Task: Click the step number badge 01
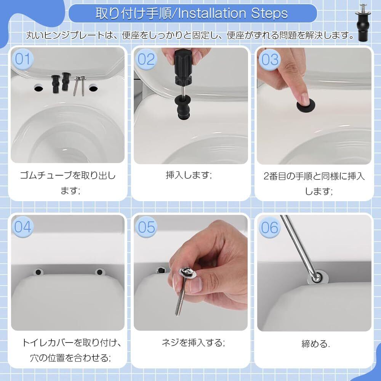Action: pos(22,59)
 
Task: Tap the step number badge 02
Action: pos(146,59)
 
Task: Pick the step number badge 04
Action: pos(22,227)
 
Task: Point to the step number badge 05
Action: pos(146,227)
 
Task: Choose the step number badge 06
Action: pos(269,228)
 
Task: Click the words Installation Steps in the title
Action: pos(233,13)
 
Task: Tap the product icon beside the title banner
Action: pos(363,22)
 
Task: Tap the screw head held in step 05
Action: pos(187,273)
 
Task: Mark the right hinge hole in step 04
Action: pos(99,272)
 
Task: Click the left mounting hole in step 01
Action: pos(38,88)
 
